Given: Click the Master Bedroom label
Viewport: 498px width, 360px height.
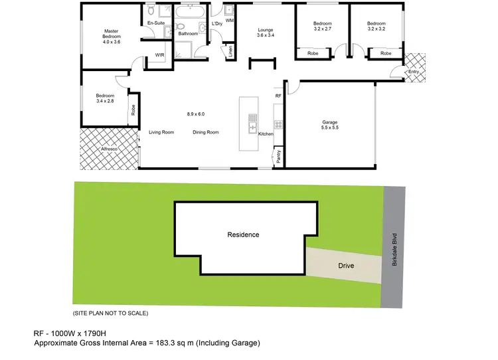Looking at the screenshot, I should click(110, 36).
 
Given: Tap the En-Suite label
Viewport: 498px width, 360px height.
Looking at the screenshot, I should click(156, 23).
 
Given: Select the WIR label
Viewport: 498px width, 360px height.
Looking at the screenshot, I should click(159, 55).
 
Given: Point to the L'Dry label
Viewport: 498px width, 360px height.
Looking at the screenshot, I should click(216, 24).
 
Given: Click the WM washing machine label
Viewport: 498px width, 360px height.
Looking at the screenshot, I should click(230, 21).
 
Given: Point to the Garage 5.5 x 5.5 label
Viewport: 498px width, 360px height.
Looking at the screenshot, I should click(330, 125).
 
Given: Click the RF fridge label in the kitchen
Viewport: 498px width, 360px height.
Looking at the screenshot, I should click(278, 96).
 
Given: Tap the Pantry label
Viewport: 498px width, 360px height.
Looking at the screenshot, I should click(279, 156).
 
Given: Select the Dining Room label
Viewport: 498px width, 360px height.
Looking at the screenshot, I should click(206, 132).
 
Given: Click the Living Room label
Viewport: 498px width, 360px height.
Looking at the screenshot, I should click(161, 132).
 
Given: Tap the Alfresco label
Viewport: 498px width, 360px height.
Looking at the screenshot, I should click(109, 149).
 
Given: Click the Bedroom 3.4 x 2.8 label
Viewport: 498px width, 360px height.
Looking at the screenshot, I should click(106, 98).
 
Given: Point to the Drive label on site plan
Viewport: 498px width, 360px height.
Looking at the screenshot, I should click(346, 266).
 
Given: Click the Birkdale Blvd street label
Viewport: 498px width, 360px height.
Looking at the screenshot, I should click(394, 245).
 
